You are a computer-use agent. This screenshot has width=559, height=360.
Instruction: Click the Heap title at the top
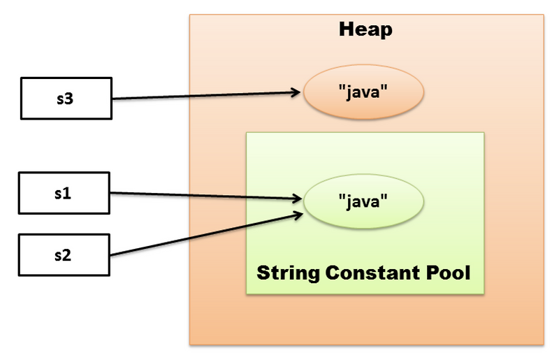pyautogui.click(x=365, y=29)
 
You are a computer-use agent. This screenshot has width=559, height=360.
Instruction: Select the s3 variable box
pyautogui.click(x=64, y=99)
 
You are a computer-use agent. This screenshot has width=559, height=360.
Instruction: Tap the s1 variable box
pyautogui.click(x=64, y=194)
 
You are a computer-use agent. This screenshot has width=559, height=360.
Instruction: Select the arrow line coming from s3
pyautogui.click(x=203, y=96)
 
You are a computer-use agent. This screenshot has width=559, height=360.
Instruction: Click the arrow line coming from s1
pyautogui.click(x=203, y=196)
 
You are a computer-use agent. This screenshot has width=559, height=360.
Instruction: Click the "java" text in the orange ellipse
pyautogui.click(x=363, y=94)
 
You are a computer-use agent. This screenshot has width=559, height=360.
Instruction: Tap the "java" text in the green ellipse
pyautogui.click(x=363, y=203)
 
